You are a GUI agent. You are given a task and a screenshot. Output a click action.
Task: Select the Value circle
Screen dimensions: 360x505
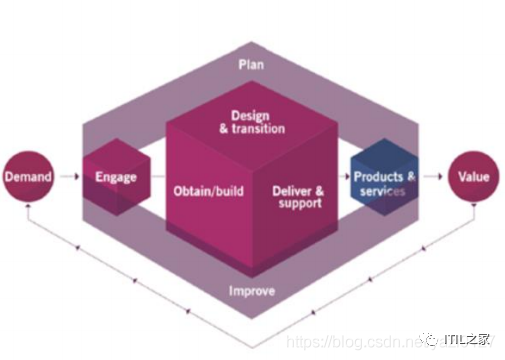coord(474,177)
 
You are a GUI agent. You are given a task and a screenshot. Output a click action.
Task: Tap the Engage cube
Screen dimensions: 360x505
coord(114,178)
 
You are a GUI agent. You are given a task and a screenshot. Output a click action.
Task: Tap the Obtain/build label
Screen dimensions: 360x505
coord(204,187)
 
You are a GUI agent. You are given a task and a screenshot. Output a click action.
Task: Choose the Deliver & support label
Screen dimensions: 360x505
coord(298,195)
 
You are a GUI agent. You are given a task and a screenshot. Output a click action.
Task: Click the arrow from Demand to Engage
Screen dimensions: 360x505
coord(68,178)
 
